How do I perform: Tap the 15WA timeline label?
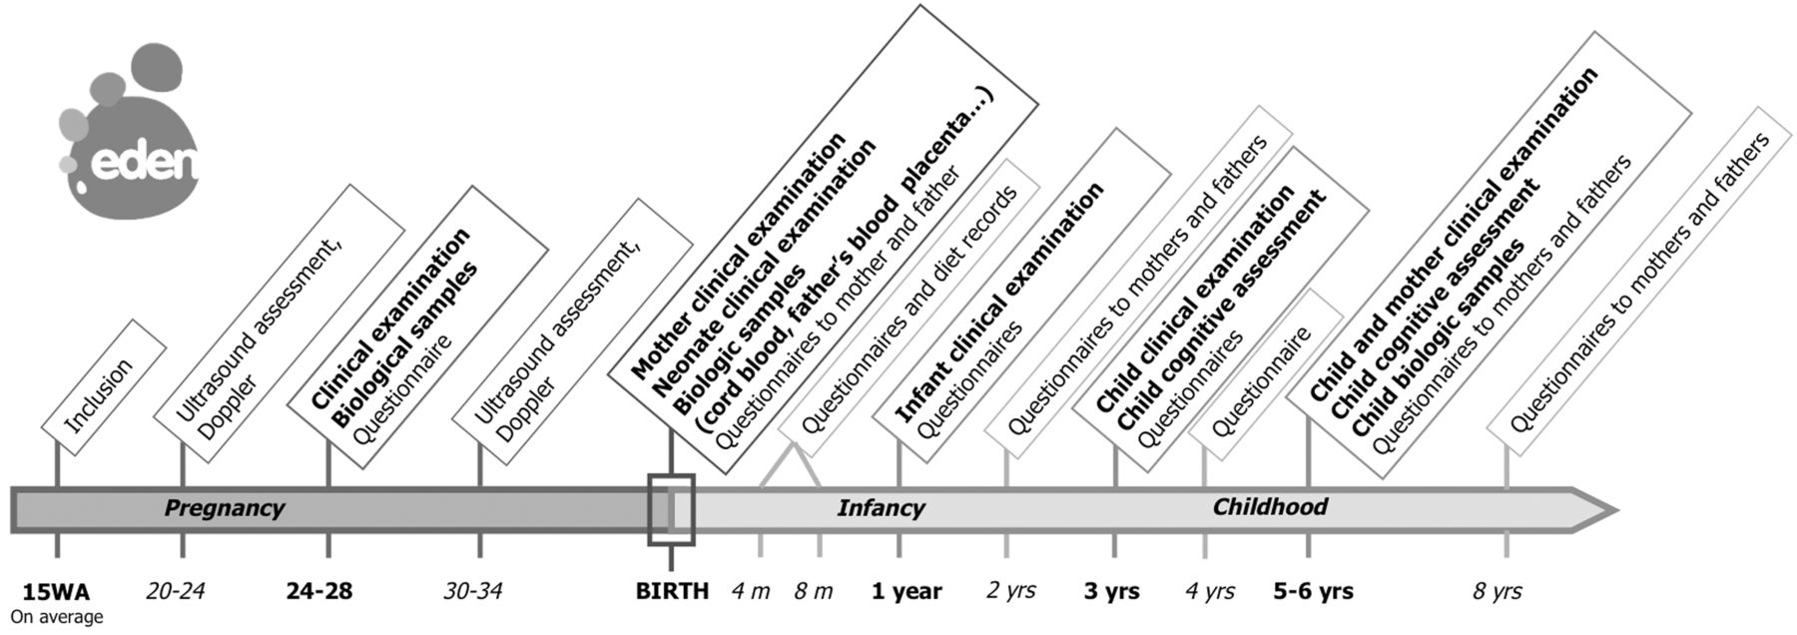pos(56,591)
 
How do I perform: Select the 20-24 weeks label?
pos(175,591)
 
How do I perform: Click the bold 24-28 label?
pos(318,591)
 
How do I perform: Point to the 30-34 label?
pos(472,591)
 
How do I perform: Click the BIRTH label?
pos(672,591)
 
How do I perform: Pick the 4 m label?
pos(750,591)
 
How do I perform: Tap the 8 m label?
pos(814,591)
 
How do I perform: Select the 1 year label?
pos(906,591)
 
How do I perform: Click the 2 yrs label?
pos(1011,591)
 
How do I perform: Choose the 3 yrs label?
pos(1112,591)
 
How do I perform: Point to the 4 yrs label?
pos(1210,591)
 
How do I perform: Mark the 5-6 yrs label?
pos(1314,591)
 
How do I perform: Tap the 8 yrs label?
pos(1497,591)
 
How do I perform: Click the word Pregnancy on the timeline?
pos(225,508)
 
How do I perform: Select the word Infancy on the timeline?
pos(881,508)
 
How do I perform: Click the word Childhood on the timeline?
pos(1270,507)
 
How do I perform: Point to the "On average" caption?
pos(57,617)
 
